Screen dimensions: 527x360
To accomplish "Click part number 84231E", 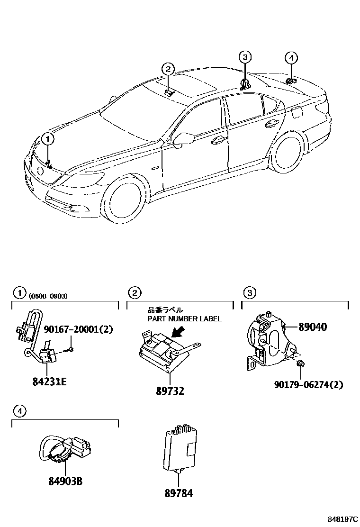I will click(x=49, y=381).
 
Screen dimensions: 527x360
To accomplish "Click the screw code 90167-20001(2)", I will click(x=78, y=329).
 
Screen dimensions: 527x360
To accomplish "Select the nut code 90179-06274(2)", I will click(x=308, y=384).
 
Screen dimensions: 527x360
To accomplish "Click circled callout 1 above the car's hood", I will click(x=48, y=139).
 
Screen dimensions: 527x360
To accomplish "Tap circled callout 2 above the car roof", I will click(x=168, y=70).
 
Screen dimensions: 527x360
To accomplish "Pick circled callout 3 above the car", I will click(x=244, y=58).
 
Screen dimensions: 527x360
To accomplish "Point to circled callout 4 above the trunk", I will click(x=291, y=58).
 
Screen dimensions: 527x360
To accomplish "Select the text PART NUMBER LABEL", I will click(x=184, y=319).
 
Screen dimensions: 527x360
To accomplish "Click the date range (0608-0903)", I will click(x=47, y=296).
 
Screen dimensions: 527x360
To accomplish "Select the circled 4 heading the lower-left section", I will click(x=19, y=411).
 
